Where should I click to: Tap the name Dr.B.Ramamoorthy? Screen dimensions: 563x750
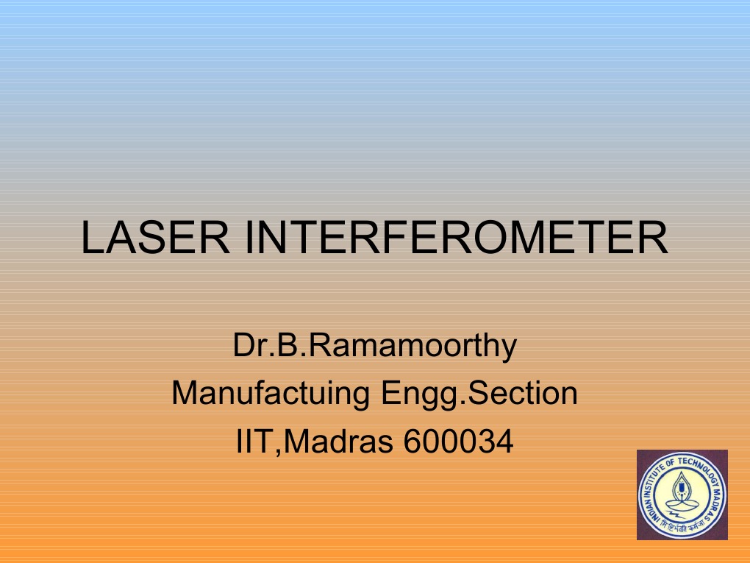[375, 346]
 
